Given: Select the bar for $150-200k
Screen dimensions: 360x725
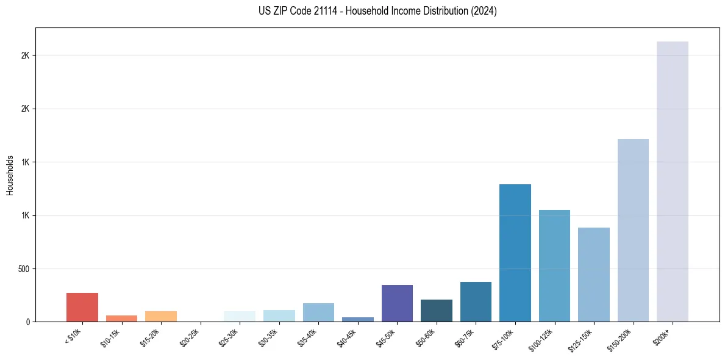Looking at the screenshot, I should pos(633,230).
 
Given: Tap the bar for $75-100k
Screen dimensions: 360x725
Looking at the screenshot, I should pos(515,253).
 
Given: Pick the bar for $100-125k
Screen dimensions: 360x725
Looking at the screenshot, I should pos(554,265).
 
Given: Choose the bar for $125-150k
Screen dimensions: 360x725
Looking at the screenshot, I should pos(593,275).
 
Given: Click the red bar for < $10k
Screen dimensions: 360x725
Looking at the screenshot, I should pos(82,307).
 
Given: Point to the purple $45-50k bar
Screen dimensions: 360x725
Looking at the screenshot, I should pos(397,303).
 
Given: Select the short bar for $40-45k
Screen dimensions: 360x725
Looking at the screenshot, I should pos(357,319).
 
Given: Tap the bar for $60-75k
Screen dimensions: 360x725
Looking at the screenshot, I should pos(476,301).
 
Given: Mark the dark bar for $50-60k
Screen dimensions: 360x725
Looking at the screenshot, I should pos(436,311).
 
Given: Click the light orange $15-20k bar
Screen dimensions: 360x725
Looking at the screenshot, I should pos(161,316).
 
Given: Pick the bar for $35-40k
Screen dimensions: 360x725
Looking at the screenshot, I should pos(318,312).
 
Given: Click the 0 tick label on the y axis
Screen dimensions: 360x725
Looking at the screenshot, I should pos(28,322).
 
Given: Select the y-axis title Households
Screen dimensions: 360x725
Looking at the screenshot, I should pos(10,175).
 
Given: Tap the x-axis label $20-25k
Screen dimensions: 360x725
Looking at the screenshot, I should pos(190,336).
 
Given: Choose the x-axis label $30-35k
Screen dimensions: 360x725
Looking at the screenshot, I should pos(269,336).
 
